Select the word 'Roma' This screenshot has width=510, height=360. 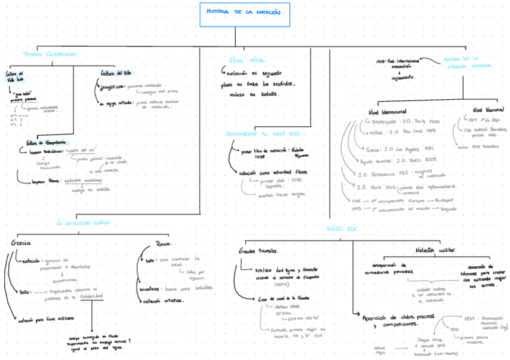pos(163,244)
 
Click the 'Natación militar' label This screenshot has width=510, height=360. pos(435,249)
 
